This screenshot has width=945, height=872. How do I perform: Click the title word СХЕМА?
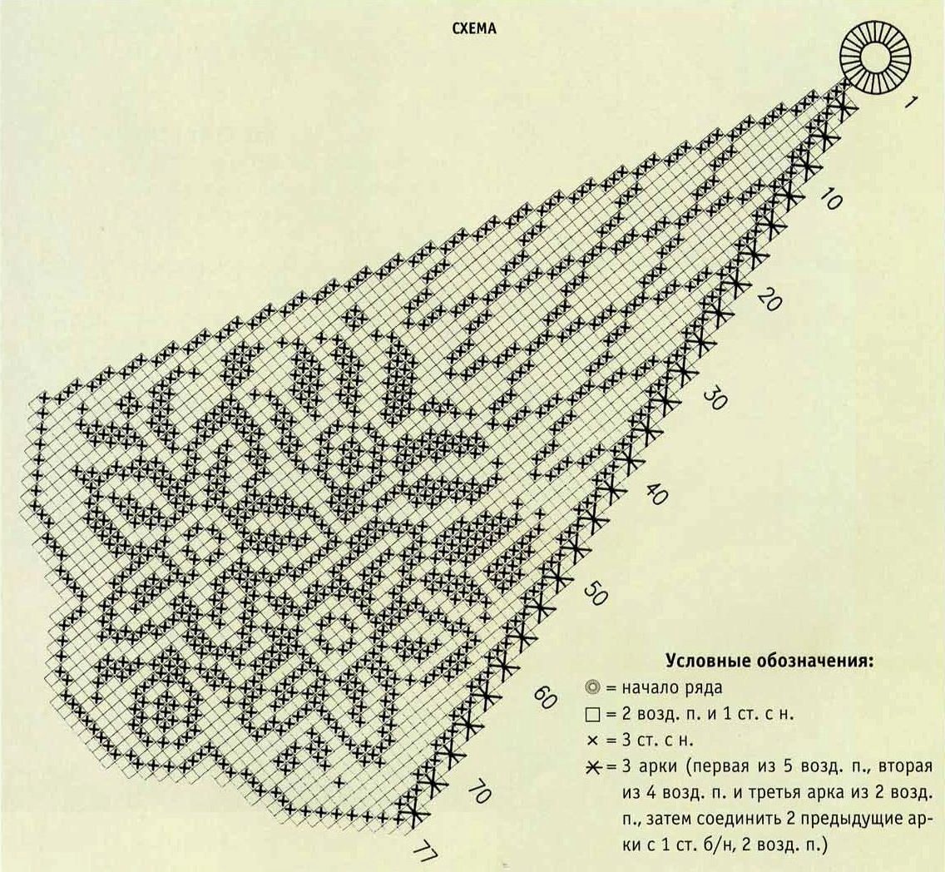click(x=474, y=28)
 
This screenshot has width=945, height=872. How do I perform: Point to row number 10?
click(x=831, y=199)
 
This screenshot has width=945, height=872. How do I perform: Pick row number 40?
click(x=656, y=495)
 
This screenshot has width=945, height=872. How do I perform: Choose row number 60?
click(x=544, y=697)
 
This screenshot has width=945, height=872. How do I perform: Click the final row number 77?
click(x=425, y=854)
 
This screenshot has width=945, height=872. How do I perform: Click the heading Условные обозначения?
click(x=769, y=661)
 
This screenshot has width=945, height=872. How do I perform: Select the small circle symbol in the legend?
click(x=592, y=687)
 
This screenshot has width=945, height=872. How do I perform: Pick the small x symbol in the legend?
click(x=592, y=741)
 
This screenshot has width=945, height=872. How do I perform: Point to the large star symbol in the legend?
click(x=594, y=767)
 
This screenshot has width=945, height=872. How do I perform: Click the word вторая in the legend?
click(x=906, y=767)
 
